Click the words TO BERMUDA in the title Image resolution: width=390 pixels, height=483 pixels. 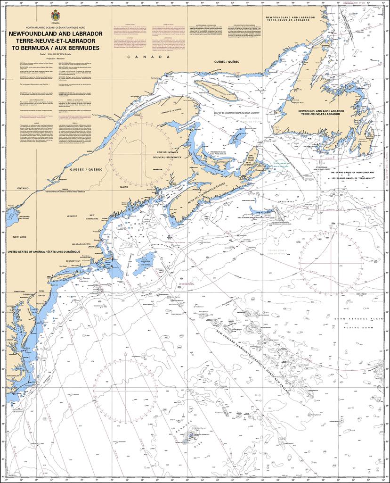point(33,48)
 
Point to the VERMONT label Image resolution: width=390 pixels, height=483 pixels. point(72,216)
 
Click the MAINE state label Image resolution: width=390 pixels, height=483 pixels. point(124,187)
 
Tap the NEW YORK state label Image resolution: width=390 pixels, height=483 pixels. point(19,237)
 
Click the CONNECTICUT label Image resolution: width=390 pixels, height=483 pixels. point(73,261)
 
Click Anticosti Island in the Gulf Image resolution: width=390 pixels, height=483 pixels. point(216,89)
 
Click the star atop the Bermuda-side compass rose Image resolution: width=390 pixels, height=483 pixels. point(126,354)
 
